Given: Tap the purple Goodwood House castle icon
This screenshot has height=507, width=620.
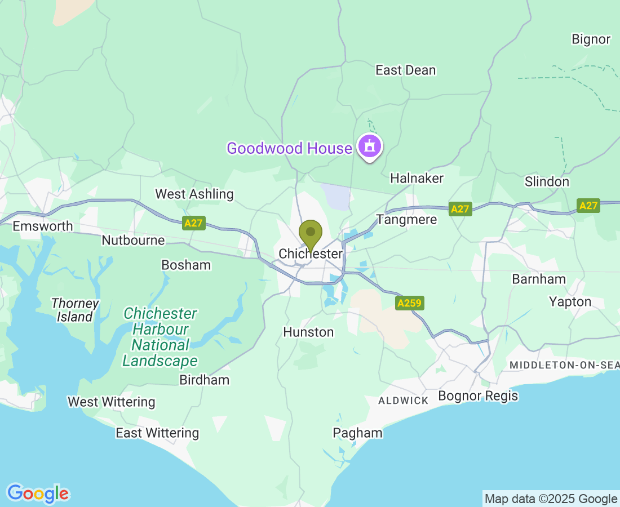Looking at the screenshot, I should pyautogui.click(x=369, y=146).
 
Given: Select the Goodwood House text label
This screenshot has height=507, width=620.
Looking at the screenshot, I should pyautogui.click(x=289, y=148).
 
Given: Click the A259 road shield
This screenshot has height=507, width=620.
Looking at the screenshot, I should pyautogui.click(x=409, y=303).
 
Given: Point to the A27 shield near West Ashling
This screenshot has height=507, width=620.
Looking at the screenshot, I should pyautogui.click(x=193, y=223).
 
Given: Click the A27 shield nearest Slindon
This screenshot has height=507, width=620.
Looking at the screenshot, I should pyautogui.click(x=588, y=206).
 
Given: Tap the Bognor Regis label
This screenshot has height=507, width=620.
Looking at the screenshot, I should pyautogui.click(x=478, y=395).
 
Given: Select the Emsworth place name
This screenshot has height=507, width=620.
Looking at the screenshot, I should pyautogui.click(x=43, y=226).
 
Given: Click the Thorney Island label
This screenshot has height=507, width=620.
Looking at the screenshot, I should pyautogui.click(x=75, y=310).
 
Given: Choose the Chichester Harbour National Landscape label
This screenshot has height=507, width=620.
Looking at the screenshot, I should pyautogui.click(x=160, y=337).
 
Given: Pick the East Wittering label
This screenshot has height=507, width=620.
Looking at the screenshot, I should pyautogui.click(x=157, y=433).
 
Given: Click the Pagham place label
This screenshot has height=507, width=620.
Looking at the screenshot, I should pyautogui.click(x=357, y=433).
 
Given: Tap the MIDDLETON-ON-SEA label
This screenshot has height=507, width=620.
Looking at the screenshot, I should pyautogui.click(x=564, y=365).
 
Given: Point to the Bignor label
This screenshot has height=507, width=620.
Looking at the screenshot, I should pyautogui.click(x=591, y=39).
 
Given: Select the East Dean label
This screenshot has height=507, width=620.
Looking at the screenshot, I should pyautogui.click(x=406, y=70).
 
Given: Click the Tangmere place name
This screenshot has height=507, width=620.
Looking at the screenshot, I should pyautogui.click(x=406, y=219).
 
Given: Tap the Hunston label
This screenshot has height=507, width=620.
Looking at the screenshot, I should pyautogui.click(x=308, y=332).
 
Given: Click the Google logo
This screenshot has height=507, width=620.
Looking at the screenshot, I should pyautogui.click(x=38, y=493).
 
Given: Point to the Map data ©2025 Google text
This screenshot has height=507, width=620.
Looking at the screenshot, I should pyautogui.click(x=551, y=499).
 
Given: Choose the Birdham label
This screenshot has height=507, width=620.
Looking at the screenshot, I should pyautogui.click(x=204, y=380).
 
